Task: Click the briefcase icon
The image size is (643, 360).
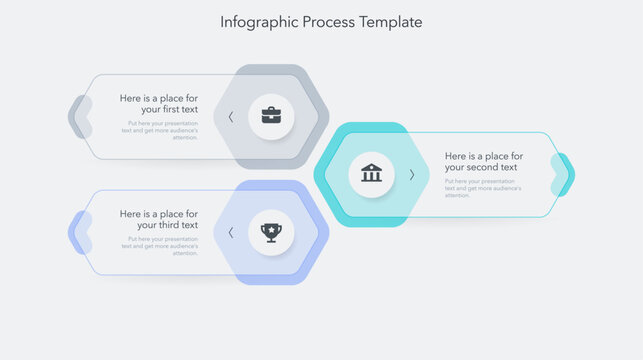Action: tap(271, 115)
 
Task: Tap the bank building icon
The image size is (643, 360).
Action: tap(371, 173)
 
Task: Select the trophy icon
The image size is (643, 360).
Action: tap(271, 232)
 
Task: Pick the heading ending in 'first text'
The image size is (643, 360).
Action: tap(159, 104)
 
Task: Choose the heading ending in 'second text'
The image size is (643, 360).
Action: tap(484, 162)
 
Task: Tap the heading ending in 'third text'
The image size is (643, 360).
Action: tap(159, 220)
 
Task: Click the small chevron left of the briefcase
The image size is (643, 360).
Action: tap(231, 116)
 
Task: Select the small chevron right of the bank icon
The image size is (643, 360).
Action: tap(411, 174)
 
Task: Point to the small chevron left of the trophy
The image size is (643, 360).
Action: tap(231, 232)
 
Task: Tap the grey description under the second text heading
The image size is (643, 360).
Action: tap(483, 188)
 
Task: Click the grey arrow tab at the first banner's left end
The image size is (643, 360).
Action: tap(79, 117)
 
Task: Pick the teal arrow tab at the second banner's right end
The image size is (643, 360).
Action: tap(564, 174)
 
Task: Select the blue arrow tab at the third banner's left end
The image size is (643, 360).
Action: tap(79, 233)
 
